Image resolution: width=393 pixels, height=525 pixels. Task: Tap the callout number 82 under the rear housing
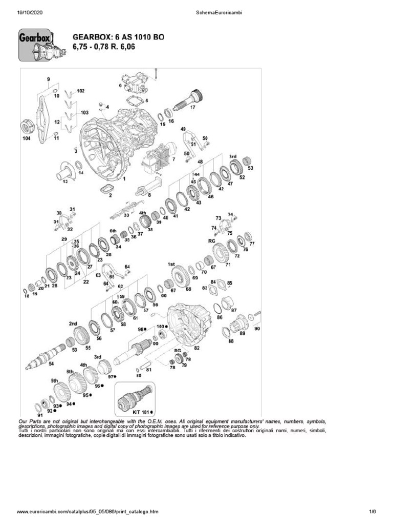[196, 348]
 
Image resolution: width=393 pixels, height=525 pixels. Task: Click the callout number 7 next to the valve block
[173, 159]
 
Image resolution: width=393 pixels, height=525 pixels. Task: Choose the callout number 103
[84, 112]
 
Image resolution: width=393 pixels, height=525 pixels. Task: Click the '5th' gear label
[54, 381]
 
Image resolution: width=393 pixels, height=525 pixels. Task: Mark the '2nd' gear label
[73, 324]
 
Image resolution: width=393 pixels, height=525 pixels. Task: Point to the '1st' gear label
[171, 264]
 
